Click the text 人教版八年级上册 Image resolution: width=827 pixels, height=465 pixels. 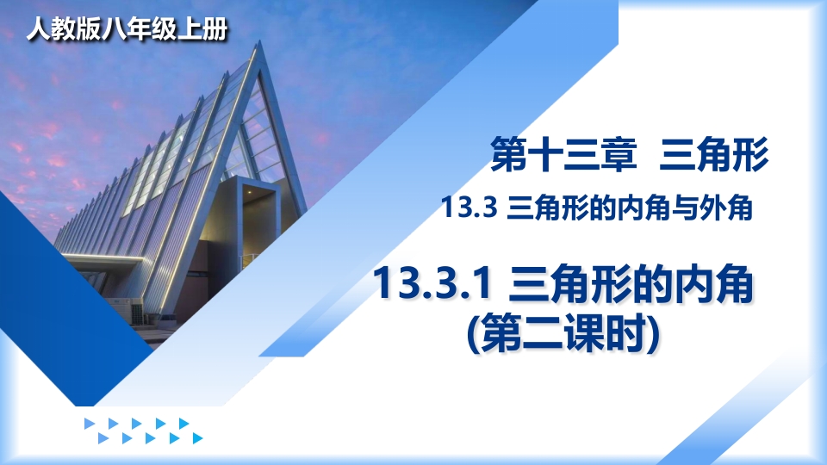127,28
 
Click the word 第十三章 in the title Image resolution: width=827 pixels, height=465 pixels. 563,154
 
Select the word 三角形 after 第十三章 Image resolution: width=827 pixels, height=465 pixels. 713,154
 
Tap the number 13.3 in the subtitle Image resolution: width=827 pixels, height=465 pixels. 469,208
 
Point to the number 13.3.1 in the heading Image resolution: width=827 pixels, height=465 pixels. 433,285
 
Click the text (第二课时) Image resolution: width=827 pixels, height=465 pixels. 563,333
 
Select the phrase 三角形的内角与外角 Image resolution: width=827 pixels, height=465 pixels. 629,208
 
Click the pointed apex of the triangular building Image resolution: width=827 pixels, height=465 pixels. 259,43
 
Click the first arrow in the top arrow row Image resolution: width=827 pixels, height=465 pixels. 90,424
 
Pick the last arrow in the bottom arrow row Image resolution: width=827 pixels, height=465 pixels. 198,438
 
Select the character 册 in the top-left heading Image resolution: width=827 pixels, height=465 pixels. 215,28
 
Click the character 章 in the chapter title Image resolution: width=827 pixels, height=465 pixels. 619,154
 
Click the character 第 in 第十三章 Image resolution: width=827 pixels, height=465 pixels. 508,154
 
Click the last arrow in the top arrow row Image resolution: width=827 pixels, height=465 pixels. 183,424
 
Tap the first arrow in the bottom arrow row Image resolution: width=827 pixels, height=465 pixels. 103,438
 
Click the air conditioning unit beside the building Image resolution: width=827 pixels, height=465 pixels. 138,311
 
